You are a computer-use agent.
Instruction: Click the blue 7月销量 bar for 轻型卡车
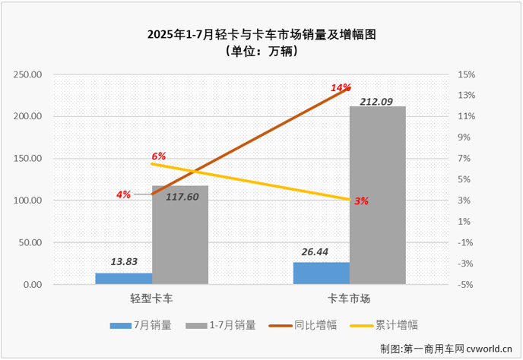(x=123, y=279)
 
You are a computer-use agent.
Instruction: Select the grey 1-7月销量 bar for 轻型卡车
(x=180, y=235)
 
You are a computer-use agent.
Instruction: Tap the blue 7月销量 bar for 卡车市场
(x=322, y=273)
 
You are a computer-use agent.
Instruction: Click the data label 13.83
(x=123, y=261)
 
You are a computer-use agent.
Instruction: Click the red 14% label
(x=339, y=88)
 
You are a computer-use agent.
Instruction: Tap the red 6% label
(x=158, y=156)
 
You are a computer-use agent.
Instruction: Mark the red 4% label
(x=123, y=194)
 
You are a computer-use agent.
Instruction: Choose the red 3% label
(x=361, y=201)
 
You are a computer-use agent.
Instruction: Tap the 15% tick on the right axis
(x=466, y=74)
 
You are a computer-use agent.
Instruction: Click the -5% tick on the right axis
(x=466, y=285)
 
